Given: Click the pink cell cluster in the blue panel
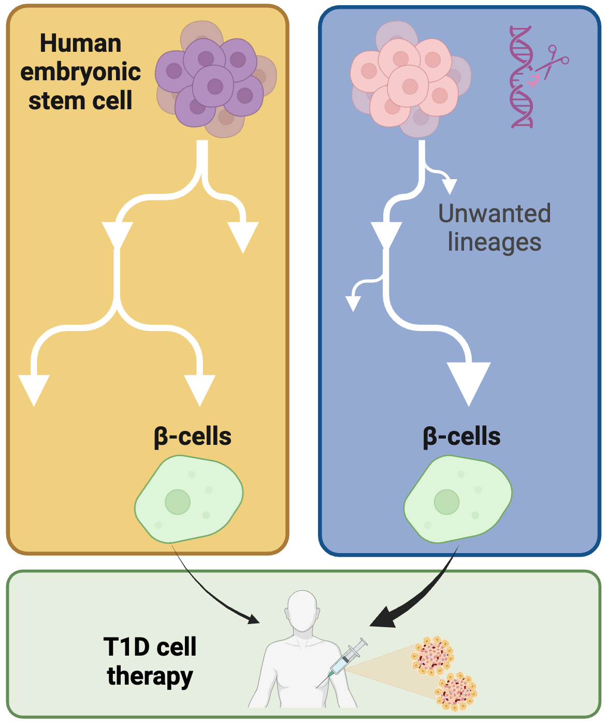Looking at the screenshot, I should pos(409,83).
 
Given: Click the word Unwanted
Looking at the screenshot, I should pos(494,213).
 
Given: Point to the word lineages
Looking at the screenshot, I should pos(494,242).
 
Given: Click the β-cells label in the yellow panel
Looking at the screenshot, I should pos(193,437).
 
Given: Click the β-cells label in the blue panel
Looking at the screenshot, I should pos(462,437).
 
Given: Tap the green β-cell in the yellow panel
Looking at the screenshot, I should pos(189,499).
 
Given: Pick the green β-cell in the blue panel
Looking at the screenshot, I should pos(458,499).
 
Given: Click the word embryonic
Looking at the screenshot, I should pos(80,72).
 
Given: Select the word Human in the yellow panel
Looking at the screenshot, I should pos(80,44).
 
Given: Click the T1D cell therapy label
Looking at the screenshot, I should pos(150,661).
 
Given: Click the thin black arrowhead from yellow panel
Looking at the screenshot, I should pos(254,619).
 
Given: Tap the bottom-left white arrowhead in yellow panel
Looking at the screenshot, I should pos(34,388).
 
